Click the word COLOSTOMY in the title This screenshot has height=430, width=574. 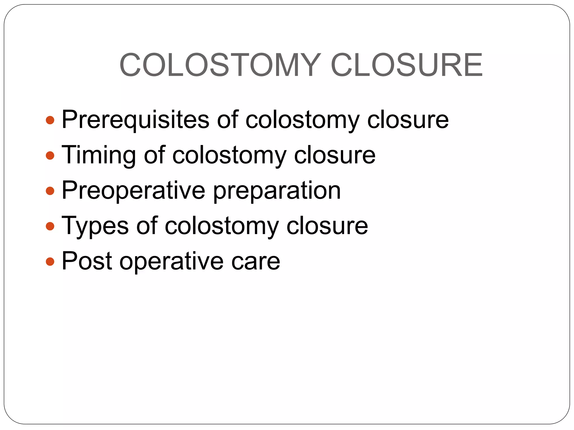pyautogui.click(x=220, y=65)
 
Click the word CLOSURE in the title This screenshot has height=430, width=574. pyautogui.click(x=407, y=65)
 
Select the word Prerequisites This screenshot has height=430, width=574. pyautogui.click(x=135, y=120)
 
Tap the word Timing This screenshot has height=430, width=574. pyautogui.click(x=98, y=155)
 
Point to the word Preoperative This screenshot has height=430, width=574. pyautogui.click(x=133, y=191)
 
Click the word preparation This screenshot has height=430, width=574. pyautogui.click(x=277, y=191)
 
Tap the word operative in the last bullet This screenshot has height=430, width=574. pyautogui.click(x=172, y=261)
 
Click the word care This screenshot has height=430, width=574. pyautogui.click(x=256, y=261)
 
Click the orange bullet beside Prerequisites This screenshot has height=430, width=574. pyautogui.click(x=50, y=120)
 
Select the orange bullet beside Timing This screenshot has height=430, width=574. pyautogui.click(x=50, y=156)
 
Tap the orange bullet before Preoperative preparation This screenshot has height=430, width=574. pyautogui.click(x=50, y=191)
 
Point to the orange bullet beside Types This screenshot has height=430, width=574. pyautogui.click(x=50, y=226)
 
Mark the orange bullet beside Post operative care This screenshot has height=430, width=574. pyautogui.click(x=50, y=261)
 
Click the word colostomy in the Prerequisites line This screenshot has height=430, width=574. pyautogui.click(x=302, y=120)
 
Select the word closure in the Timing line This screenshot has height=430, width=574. pyautogui.click(x=335, y=155)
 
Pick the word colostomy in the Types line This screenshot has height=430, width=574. pyautogui.click(x=222, y=226)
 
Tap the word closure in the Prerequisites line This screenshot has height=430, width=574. pyautogui.click(x=408, y=120)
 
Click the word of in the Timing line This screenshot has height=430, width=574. pyautogui.click(x=154, y=155)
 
